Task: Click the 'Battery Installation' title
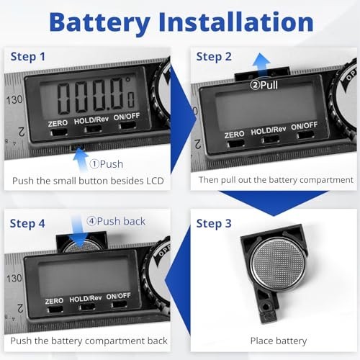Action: pos(181,22)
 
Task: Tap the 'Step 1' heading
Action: pos(28,57)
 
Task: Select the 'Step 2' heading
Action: pos(214,57)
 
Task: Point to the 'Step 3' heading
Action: pos(214,223)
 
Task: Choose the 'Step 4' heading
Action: pos(27,223)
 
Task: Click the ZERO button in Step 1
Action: pos(58,132)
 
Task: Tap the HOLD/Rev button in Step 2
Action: pos(271,140)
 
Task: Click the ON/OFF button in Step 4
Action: pos(119,305)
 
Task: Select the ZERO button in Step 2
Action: pos(236,143)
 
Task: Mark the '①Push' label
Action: pos(107,164)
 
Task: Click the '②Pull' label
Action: pos(264,85)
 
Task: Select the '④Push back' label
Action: pos(116,221)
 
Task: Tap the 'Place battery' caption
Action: pos(279,341)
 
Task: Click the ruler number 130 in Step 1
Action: pos(14,100)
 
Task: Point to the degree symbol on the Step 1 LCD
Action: pos(128,79)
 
